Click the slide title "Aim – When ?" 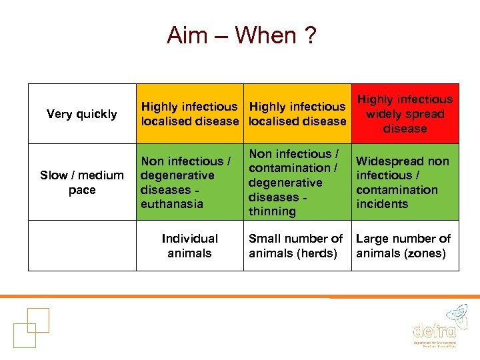coord(241,35)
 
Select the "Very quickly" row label coord(82,114)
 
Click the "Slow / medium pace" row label coord(82,183)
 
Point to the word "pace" coord(82,190)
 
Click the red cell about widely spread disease coord(405,114)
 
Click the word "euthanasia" coord(171,204)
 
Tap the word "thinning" coord(272,211)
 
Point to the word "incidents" coord(382,204)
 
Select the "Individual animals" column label coord(189,245)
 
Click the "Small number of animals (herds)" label coord(296,245)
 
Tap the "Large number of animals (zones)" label coord(404,245)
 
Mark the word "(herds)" coord(319,253)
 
